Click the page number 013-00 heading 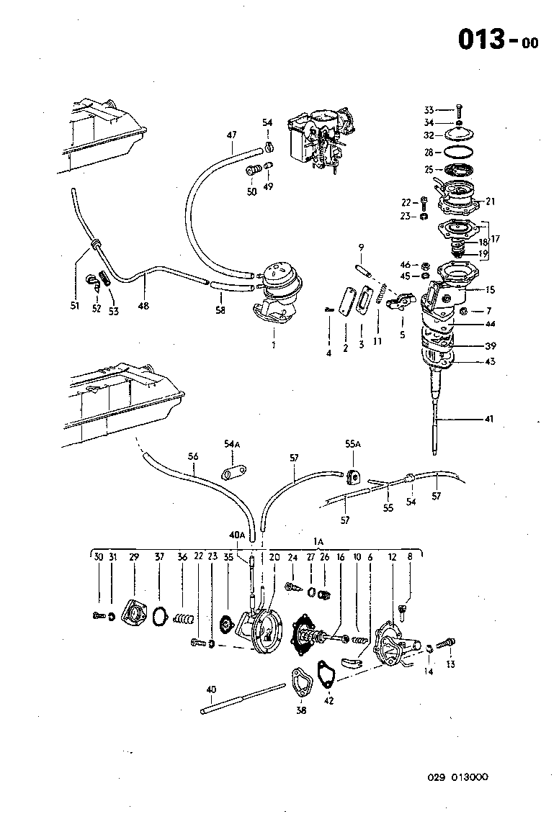pyautogui.click(x=498, y=40)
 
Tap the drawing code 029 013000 pyautogui.click(x=458, y=777)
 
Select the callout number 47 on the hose pyautogui.click(x=231, y=135)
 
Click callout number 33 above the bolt pyautogui.click(x=429, y=110)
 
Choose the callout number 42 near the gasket pyautogui.click(x=329, y=700)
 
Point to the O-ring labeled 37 pyautogui.click(x=161, y=617)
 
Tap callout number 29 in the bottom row pyautogui.click(x=134, y=557)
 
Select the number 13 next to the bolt pyautogui.click(x=451, y=664)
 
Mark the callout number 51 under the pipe pyautogui.click(x=74, y=305)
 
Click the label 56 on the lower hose pyautogui.click(x=192, y=456)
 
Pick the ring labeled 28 pyautogui.click(x=456, y=153)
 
